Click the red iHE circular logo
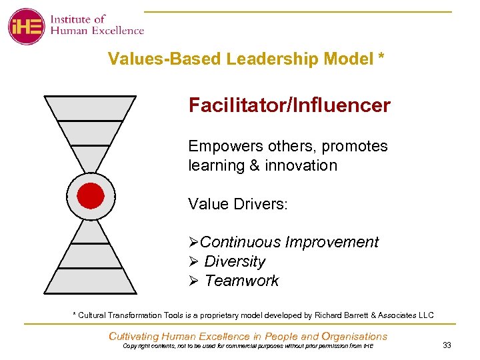click(26, 26)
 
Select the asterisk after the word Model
click(381, 58)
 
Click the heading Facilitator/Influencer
click(289, 105)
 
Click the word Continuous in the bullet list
click(240, 242)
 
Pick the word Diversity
click(235, 261)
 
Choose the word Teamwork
click(241, 281)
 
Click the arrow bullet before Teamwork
click(194, 281)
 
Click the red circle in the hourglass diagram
click(91, 196)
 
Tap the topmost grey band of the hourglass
click(90, 108)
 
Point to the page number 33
click(447, 345)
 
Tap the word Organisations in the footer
click(354, 336)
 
